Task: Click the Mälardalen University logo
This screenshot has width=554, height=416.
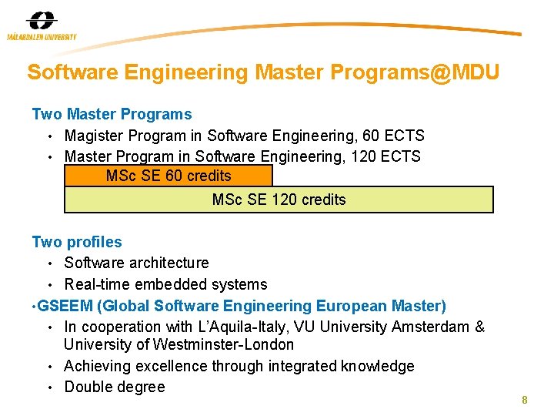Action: coord(42,25)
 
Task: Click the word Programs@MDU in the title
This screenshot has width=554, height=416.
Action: coord(415,73)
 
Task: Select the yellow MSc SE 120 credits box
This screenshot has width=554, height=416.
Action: coord(279,200)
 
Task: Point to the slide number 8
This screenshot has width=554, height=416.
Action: coord(524,400)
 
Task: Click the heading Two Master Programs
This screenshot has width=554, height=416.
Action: coord(112,115)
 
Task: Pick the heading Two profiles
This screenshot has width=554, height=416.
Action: coord(77,243)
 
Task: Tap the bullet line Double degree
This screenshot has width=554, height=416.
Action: coord(115,387)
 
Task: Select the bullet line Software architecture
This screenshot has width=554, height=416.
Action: coord(136,263)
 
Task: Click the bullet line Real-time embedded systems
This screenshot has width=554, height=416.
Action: coord(165,285)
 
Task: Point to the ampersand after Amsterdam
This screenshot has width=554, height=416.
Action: coord(479,327)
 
